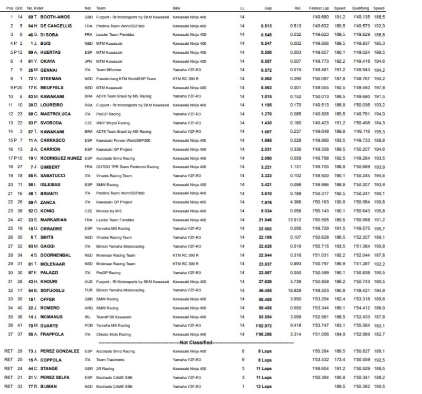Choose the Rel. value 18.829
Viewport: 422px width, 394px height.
coord(294,290)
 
